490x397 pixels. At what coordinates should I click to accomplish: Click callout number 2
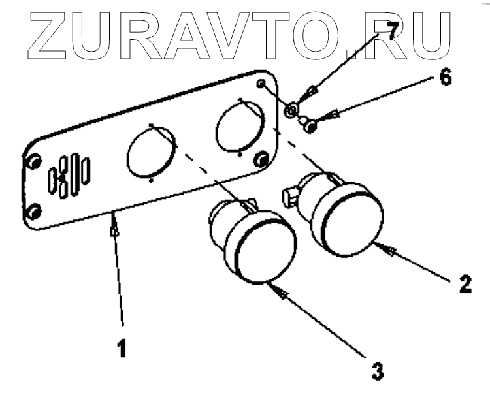click(x=464, y=283)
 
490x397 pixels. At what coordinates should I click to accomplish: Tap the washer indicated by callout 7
click(x=292, y=109)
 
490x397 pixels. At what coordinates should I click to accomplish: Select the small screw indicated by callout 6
click(x=311, y=125)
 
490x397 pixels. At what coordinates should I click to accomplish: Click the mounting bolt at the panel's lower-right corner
click(x=261, y=159)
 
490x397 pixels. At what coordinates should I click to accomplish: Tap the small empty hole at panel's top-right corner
click(x=261, y=84)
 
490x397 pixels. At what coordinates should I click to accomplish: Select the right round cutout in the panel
click(x=240, y=126)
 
